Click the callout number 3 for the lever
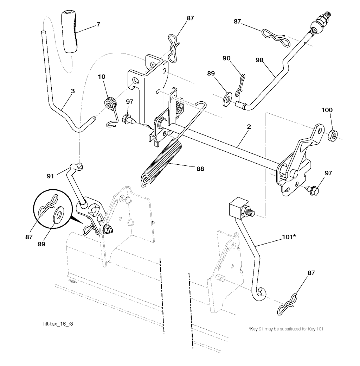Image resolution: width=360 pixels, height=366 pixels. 72,91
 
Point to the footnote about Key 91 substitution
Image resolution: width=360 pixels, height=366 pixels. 286,329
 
